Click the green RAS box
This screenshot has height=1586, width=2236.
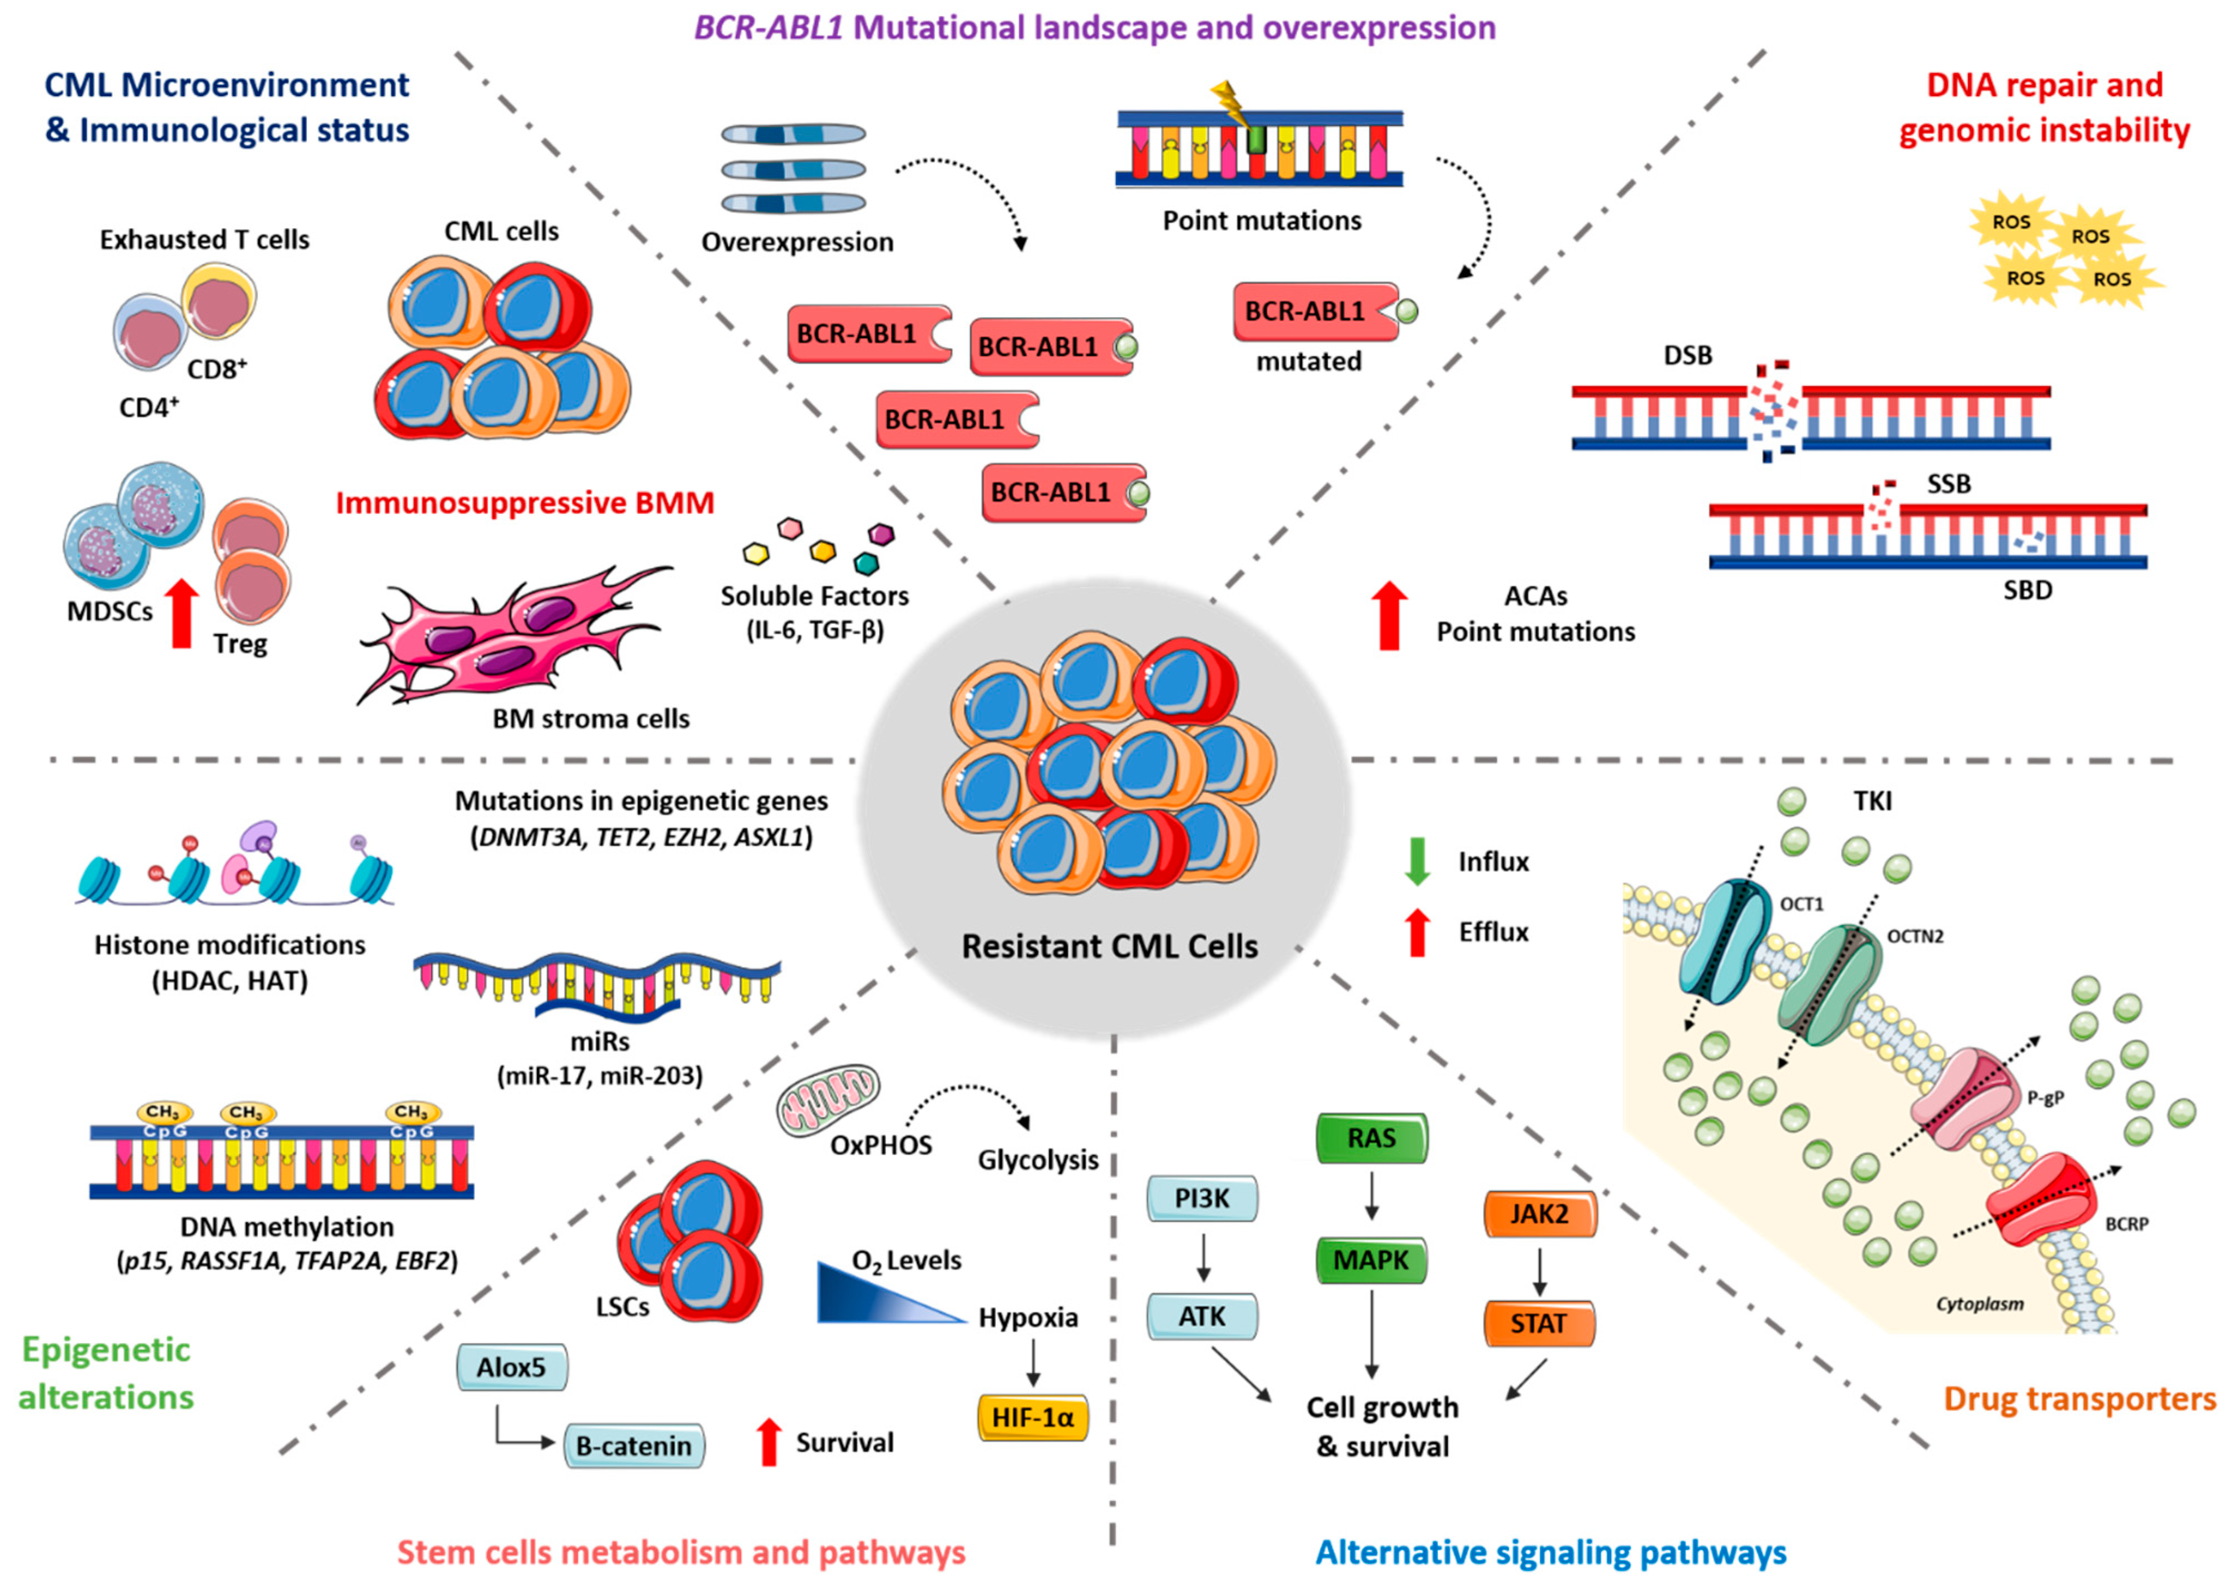[x=1372, y=1138]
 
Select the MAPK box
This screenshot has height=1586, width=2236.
[x=1372, y=1260]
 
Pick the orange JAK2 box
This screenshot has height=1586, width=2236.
[x=1539, y=1214]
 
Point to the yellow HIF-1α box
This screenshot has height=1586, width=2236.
[x=1033, y=1417]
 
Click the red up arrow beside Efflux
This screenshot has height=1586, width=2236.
[x=1417, y=932]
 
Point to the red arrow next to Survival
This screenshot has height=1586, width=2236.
[x=770, y=1442]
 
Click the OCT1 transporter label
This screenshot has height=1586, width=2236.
[x=1802, y=904]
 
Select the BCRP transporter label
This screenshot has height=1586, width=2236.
[x=2127, y=1224]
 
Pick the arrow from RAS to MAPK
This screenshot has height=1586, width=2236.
[x=1372, y=1196]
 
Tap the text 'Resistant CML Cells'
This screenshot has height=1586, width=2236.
[x=1110, y=946]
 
